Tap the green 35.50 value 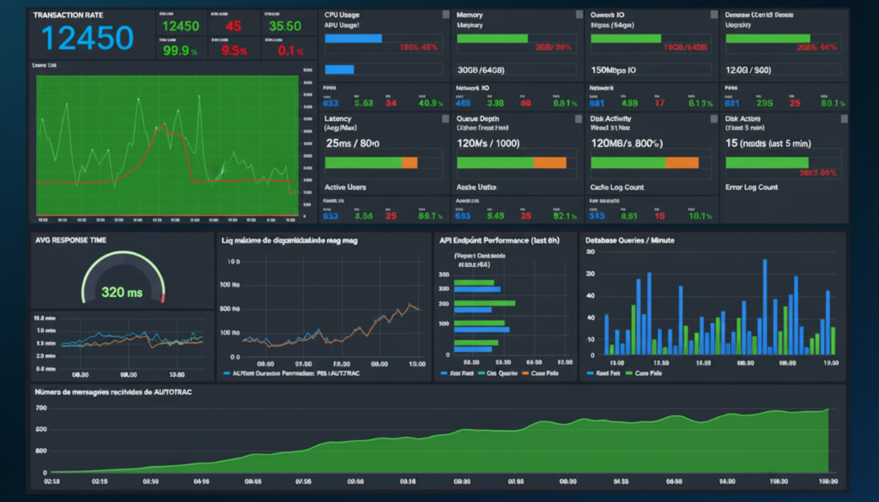(284, 26)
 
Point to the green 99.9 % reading (181, 50)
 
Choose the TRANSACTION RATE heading (69, 15)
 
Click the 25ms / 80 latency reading (353, 142)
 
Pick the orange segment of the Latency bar (409, 162)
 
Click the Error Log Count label (751, 187)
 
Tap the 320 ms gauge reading (122, 292)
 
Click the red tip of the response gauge (162, 297)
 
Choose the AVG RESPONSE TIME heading (70, 240)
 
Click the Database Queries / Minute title (629, 240)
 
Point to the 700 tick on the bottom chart (41, 408)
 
